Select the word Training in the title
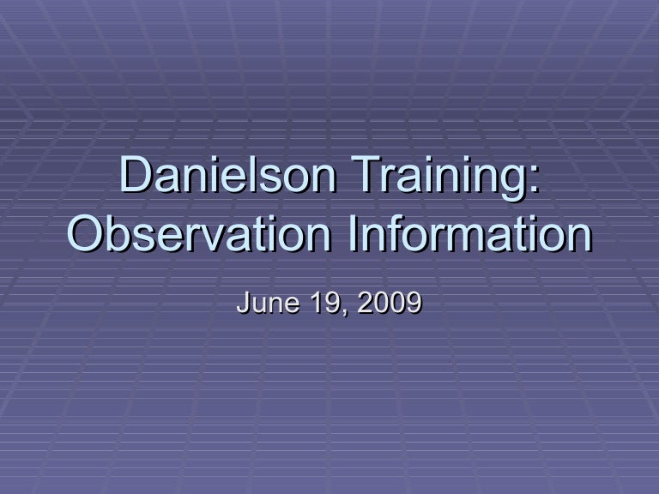pyautogui.click(x=446, y=177)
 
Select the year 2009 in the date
pyautogui.click(x=390, y=303)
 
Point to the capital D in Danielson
pyautogui.click(x=135, y=177)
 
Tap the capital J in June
pyautogui.click(x=243, y=303)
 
